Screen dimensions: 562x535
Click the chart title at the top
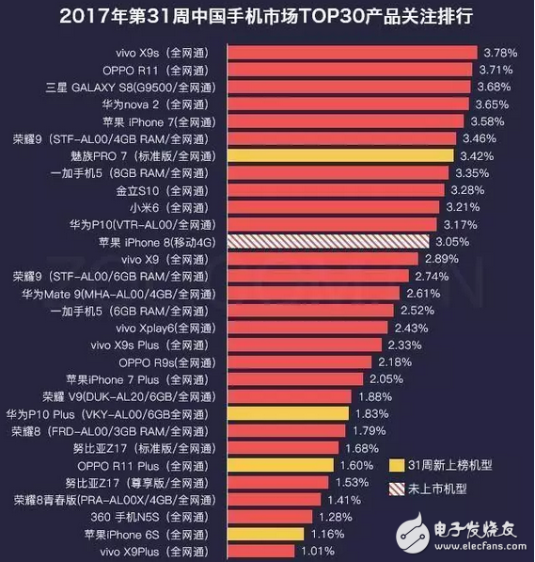[267, 16]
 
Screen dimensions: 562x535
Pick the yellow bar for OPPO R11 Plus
[281, 465]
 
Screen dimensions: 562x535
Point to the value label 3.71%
[496, 70]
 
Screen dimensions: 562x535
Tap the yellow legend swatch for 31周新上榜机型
[395, 465]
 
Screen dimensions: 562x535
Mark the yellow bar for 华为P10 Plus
[288, 413]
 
